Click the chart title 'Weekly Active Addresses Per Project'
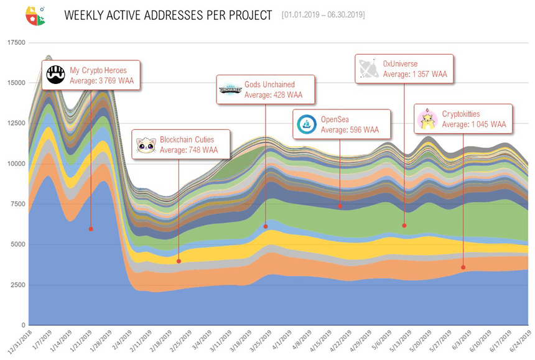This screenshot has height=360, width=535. [x=168, y=15]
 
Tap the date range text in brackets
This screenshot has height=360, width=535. [x=323, y=14]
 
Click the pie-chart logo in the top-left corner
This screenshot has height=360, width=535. [x=35, y=15]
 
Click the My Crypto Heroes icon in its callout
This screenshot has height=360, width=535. [x=56, y=75]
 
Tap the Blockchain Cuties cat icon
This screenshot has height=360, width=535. [x=147, y=145]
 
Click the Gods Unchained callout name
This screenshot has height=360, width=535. [x=269, y=85]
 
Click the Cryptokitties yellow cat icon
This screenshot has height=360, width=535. [x=427, y=119]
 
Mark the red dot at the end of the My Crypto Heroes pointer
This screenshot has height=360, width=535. [x=91, y=229]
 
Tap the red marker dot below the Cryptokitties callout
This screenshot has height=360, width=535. [x=463, y=267]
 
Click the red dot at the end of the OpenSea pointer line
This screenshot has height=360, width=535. [x=340, y=206]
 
